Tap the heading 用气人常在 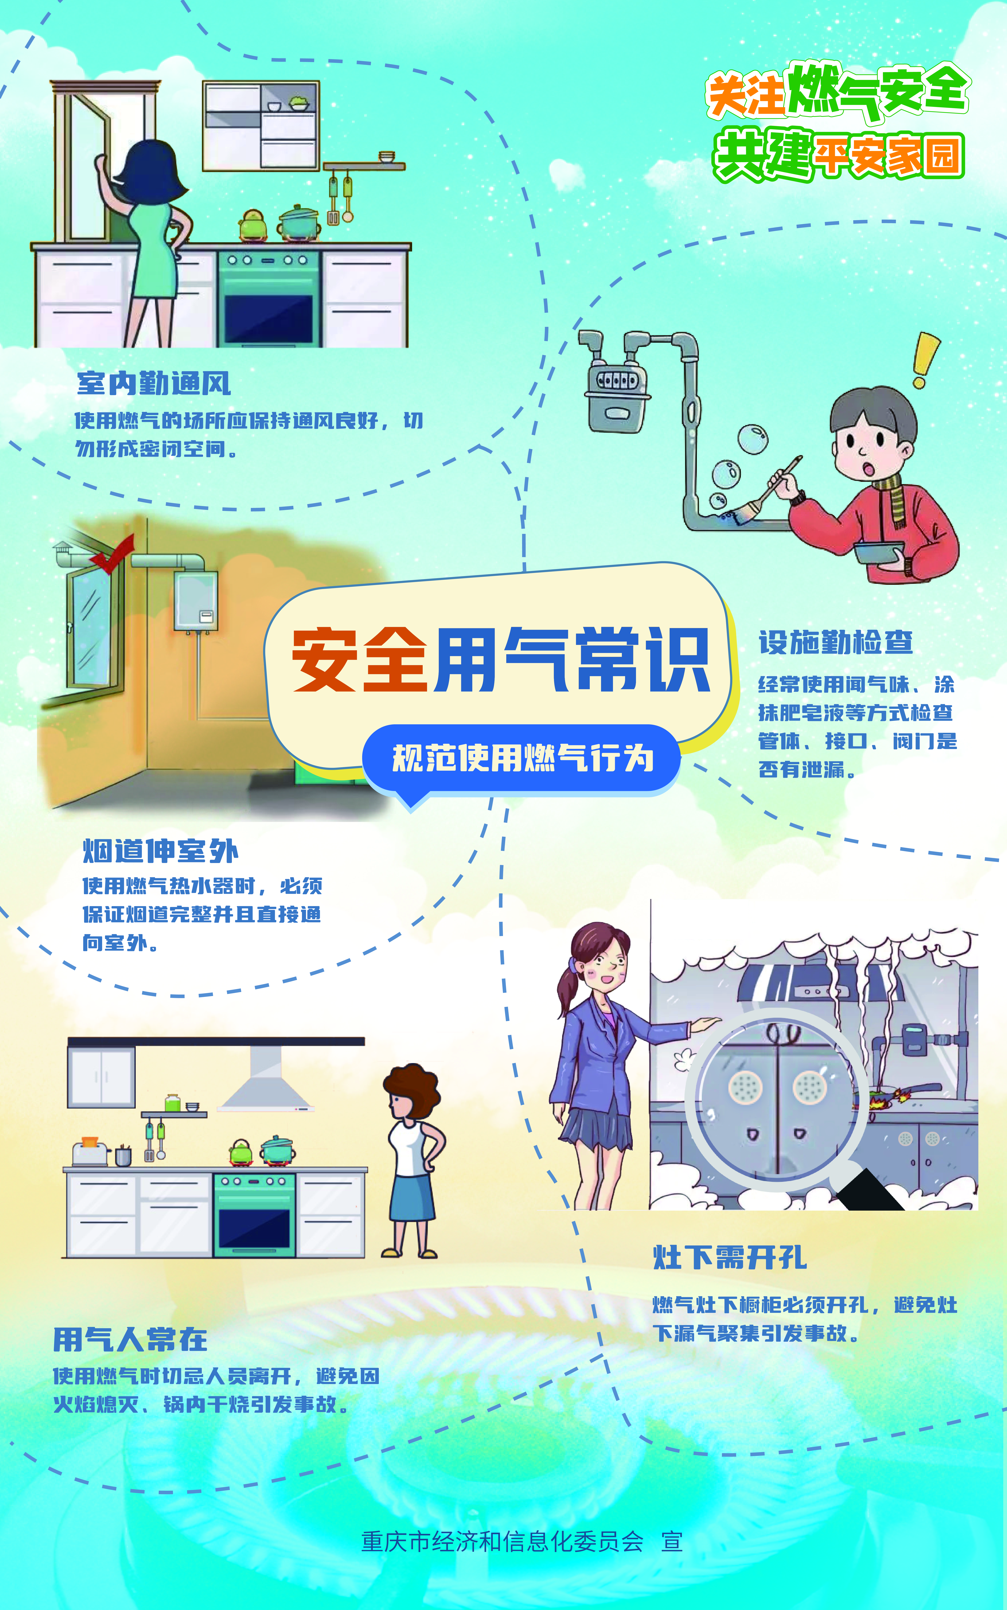pos(130,1339)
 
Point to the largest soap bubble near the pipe pos(753,439)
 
